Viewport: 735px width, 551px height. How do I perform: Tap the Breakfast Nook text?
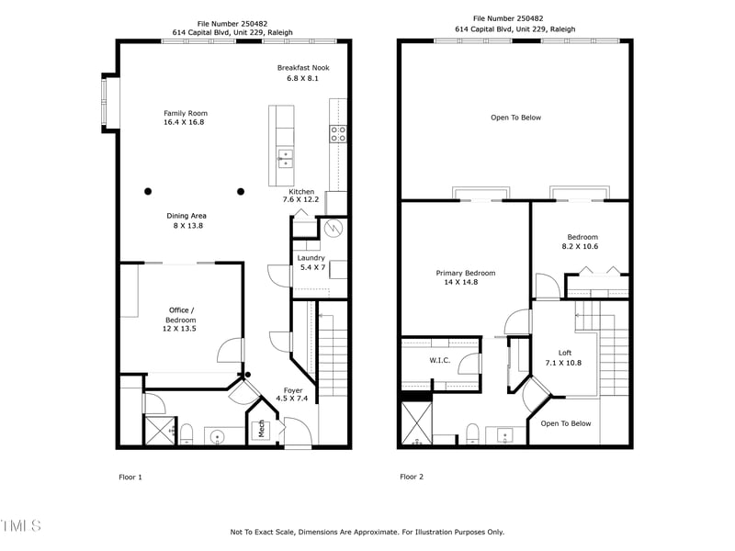click(303, 68)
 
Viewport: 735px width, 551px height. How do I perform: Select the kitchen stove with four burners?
click(337, 134)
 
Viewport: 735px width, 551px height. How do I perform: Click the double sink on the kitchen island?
click(285, 158)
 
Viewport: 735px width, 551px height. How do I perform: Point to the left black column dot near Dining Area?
click(148, 191)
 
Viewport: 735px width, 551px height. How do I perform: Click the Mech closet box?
click(261, 428)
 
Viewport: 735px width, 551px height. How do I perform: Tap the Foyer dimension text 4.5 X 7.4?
click(293, 399)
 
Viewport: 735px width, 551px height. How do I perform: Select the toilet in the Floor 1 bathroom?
click(186, 433)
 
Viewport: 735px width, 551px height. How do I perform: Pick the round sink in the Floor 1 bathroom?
click(219, 436)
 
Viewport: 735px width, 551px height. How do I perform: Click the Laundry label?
click(311, 258)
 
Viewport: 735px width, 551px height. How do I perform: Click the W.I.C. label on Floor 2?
click(439, 360)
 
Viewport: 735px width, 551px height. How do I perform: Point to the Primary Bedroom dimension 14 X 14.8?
click(461, 282)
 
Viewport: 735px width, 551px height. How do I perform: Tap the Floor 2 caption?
click(412, 477)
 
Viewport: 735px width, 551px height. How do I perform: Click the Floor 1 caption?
click(130, 477)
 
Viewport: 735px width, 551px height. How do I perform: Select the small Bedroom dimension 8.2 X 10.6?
click(580, 246)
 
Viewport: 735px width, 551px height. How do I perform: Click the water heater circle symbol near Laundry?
click(333, 227)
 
